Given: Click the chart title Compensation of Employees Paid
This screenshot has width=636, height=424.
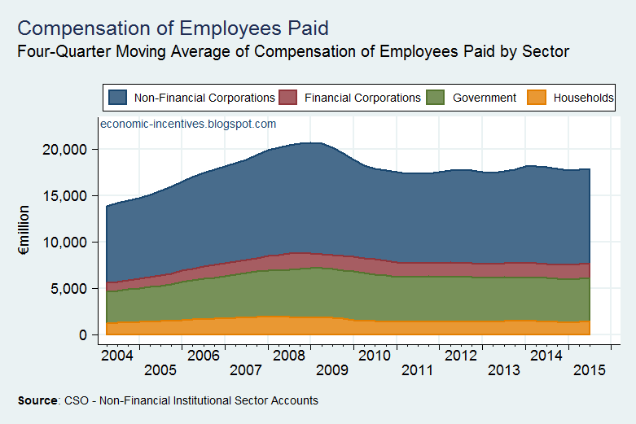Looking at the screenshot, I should [173, 28].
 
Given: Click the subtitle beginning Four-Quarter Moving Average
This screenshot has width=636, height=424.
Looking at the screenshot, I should [292, 51].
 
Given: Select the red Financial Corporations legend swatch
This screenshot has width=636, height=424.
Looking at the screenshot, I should [288, 98].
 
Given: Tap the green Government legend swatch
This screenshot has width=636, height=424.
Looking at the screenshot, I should [436, 98].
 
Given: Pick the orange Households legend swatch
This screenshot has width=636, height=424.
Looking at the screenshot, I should [536, 98].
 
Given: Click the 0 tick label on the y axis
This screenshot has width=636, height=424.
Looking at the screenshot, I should [83, 335].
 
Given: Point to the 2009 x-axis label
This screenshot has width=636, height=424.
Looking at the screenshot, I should [333, 370].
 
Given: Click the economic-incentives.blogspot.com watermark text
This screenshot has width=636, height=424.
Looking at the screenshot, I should [188, 125].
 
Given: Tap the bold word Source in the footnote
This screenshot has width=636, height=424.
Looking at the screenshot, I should [37, 401].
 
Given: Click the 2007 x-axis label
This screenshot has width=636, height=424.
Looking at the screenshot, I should [247, 370].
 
